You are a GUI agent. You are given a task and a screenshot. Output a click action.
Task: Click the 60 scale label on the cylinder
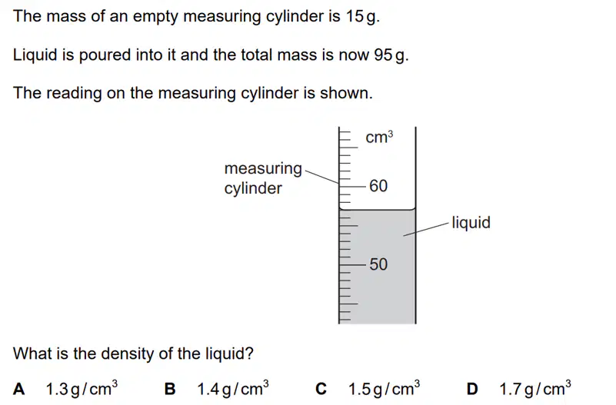378,186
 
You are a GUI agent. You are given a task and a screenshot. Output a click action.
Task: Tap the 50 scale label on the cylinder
378,264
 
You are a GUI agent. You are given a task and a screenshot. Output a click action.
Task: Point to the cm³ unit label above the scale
379,137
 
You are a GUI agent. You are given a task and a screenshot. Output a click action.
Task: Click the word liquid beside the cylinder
471,223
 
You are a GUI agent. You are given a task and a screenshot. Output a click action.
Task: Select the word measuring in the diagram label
263,169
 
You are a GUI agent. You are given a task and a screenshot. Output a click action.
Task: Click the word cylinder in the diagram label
253,188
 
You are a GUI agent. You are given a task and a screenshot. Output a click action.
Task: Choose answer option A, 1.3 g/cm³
65,389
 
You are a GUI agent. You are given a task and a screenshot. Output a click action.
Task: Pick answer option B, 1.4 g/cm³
216,389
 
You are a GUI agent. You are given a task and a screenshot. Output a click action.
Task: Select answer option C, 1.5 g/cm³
368,389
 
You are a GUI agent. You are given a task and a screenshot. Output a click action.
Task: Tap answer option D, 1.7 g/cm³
519,389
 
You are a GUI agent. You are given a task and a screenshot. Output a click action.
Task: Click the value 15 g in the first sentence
361,16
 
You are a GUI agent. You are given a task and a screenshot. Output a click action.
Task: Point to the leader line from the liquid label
426,229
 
